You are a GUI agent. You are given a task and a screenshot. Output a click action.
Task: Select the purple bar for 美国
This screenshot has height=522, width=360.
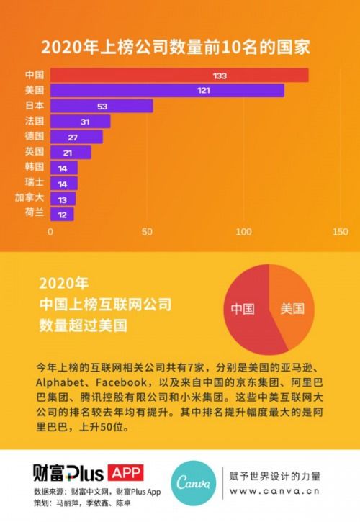coord(166,91)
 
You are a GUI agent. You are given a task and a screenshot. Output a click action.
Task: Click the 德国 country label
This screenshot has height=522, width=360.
coord(35,136)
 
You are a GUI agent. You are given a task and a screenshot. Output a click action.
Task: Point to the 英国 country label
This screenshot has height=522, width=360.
coord(35,151)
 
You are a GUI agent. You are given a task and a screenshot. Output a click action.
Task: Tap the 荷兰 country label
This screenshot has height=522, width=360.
coord(35,213)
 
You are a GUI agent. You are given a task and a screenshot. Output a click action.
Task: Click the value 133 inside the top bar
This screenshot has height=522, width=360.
coord(220,76)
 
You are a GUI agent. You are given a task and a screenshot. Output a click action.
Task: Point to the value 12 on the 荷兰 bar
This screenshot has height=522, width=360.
coord(63,214)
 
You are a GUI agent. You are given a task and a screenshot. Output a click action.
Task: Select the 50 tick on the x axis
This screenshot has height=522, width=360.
coord(147,233)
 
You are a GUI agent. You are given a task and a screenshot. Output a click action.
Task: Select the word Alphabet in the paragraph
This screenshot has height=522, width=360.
coord(62,382)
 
